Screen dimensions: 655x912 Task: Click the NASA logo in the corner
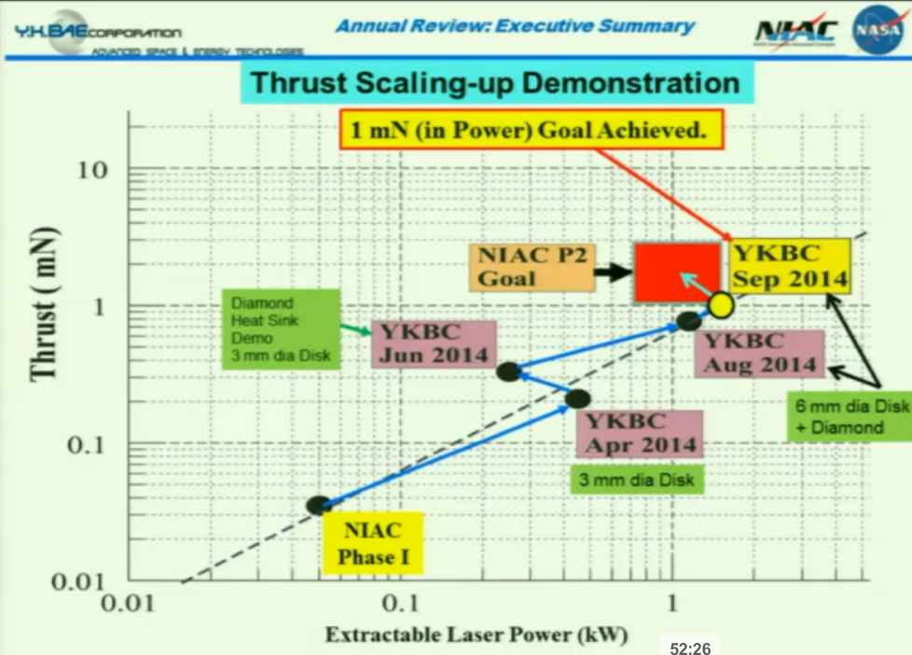(x=877, y=29)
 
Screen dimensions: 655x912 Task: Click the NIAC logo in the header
(x=795, y=32)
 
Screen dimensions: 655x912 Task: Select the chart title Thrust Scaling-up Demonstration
(x=495, y=83)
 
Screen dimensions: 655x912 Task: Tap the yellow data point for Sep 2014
(x=721, y=303)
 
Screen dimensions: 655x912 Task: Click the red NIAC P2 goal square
(x=676, y=272)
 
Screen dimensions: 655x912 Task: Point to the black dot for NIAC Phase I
(x=318, y=505)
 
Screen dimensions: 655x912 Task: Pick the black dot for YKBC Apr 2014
(x=577, y=398)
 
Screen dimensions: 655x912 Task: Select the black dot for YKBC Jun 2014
(x=508, y=371)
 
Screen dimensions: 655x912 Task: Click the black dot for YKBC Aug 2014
(x=688, y=321)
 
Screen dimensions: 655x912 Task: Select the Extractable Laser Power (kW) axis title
(x=476, y=635)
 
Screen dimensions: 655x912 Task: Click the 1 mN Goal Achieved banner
(x=531, y=130)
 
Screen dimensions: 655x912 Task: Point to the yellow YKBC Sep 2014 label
(x=789, y=265)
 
